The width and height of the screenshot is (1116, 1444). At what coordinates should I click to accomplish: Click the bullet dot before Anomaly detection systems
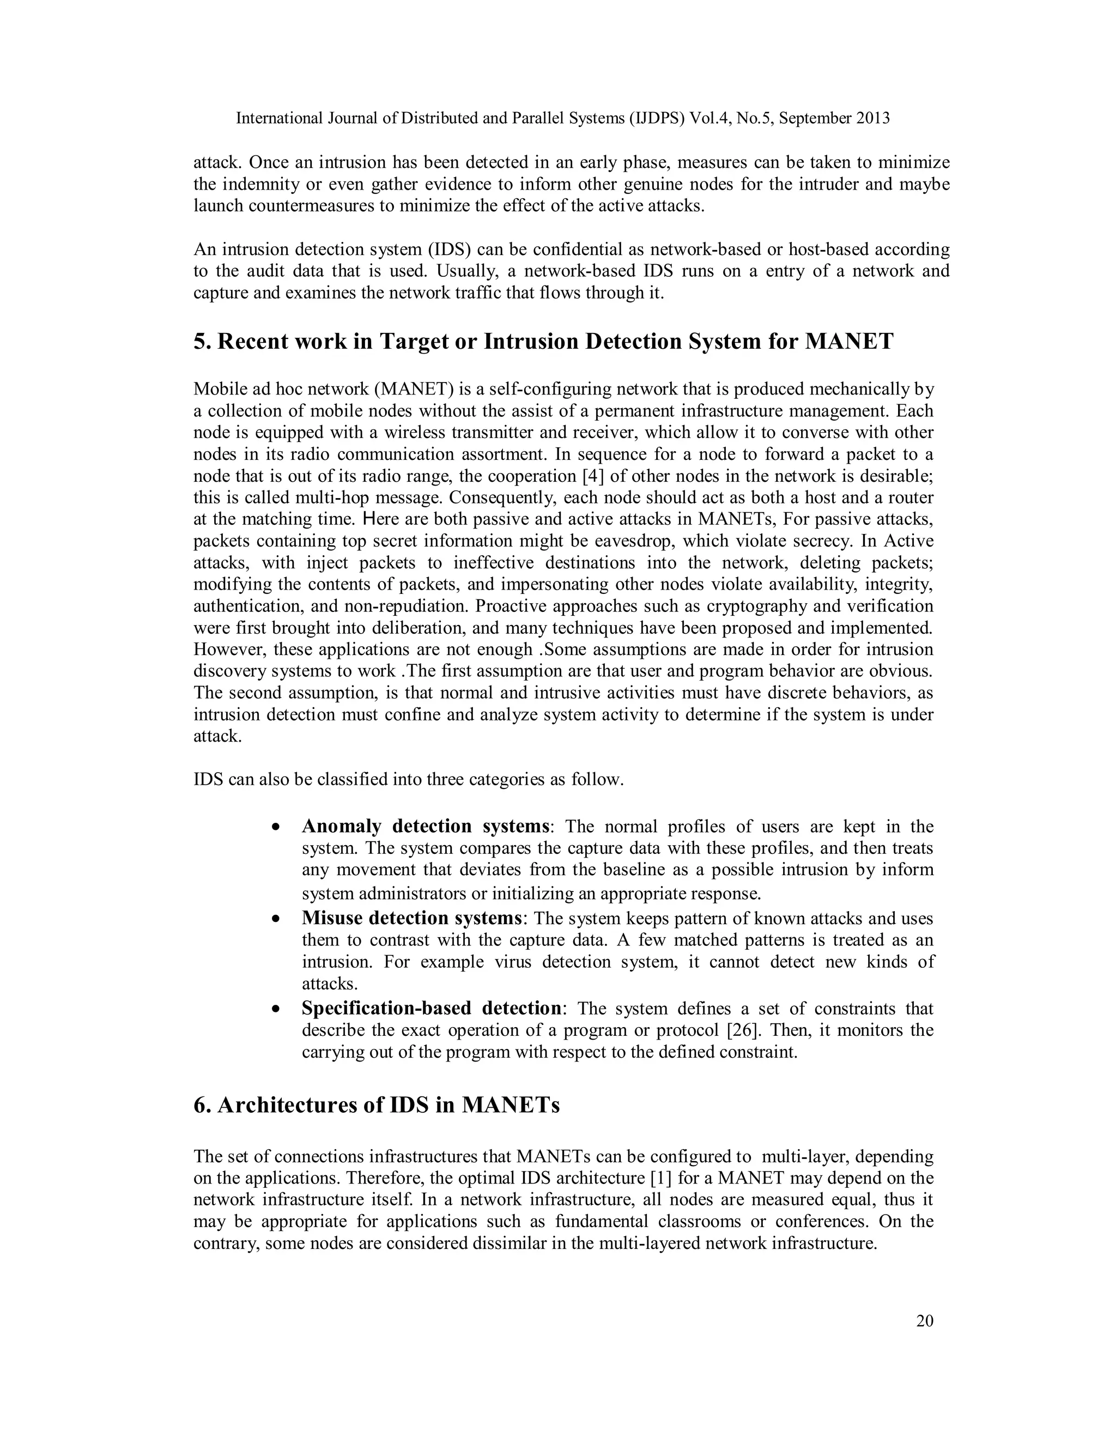276,828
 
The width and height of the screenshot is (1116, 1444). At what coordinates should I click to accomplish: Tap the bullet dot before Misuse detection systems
276,919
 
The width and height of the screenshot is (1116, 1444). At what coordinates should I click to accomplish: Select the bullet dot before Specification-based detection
276,1010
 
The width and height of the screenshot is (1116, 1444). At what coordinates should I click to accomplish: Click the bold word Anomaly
341,827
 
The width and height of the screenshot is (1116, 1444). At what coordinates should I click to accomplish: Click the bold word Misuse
332,918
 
